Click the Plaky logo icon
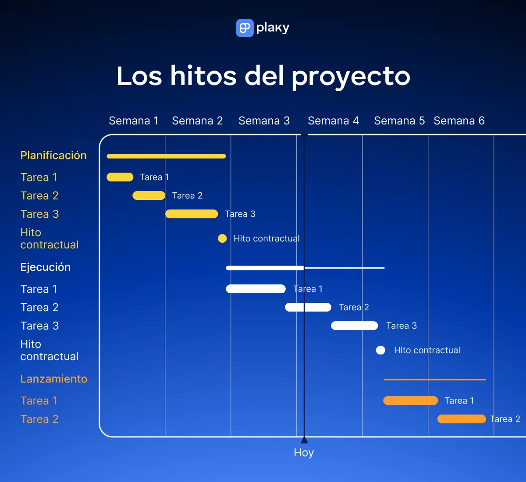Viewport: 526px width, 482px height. pyautogui.click(x=245, y=28)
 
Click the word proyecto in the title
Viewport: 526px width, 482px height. pyautogui.click(x=351, y=77)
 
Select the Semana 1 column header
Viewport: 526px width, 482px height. pyautogui.click(x=133, y=121)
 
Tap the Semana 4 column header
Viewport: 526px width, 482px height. pyautogui.click(x=333, y=121)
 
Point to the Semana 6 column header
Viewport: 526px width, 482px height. pyautogui.click(x=459, y=121)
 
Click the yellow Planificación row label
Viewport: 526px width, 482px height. pyautogui.click(x=53, y=156)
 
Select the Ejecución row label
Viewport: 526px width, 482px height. pyautogui.click(x=46, y=267)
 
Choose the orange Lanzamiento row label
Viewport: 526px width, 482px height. pyautogui.click(x=54, y=379)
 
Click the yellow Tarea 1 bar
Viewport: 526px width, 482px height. pyautogui.click(x=120, y=177)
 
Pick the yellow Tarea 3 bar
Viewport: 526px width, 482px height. pyautogui.click(x=192, y=214)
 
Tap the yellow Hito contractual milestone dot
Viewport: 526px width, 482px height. pyautogui.click(x=222, y=238)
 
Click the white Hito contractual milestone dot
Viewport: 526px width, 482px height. pyautogui.click(x=380, y=350)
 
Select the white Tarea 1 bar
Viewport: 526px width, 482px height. pyautogui.click(x=256, y=289)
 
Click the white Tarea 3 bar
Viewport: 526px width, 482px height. pyautogui.click(x=354, y=326)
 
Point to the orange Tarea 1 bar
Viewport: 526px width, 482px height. pyautogui.click(x=410, y=400)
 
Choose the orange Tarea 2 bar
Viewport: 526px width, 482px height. pyautogui.click(x=462, y=419)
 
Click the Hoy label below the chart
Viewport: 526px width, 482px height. pyautogui.click(x=304, y=453)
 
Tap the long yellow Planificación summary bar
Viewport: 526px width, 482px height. pyautogui.click(x=166, y=156)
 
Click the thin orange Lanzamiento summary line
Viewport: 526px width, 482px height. pyautogui.click(x=434, y=379)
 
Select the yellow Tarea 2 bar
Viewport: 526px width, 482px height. pyautogui.click(x=149, y=195)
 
